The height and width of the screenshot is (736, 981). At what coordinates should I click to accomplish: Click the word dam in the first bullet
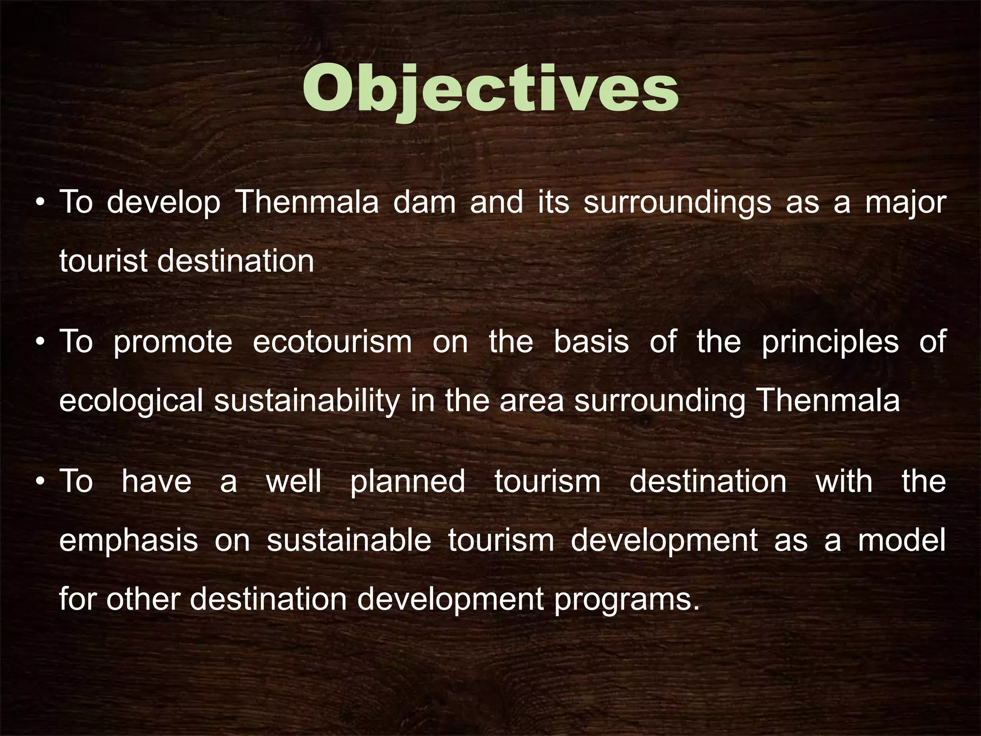(x=424, y=202)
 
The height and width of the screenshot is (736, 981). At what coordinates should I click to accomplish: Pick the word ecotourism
(x=332, y=342)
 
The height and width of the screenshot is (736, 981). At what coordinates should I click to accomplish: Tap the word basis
(x=591, y=342)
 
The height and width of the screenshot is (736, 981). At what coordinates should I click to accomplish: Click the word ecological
(x=131, y=402)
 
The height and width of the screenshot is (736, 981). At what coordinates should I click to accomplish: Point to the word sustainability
(x=307, y=402)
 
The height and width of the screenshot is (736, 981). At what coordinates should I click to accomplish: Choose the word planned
(x=407, y=482)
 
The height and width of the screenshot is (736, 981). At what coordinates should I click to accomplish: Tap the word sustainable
(x=349, y=540)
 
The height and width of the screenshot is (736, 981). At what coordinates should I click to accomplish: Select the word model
(x=901, y=540)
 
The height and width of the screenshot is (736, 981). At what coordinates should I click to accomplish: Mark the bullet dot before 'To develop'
(x=40, y=203)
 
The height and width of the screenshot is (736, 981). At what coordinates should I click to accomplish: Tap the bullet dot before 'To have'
(x=40, y=482)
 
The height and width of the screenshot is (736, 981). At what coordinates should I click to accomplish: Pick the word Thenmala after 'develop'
(x=307, y=202)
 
